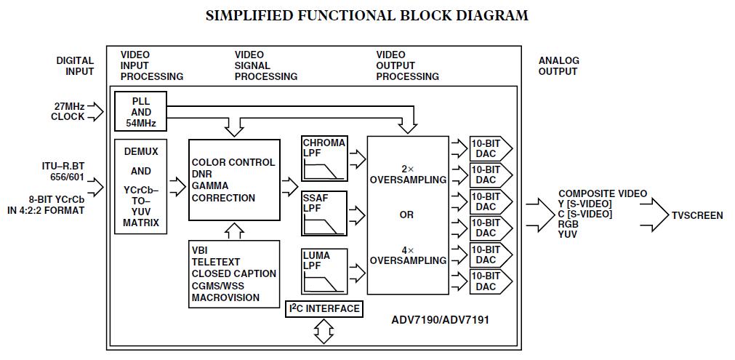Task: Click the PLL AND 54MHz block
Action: tap(141, 112)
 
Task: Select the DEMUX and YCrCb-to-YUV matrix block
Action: tap(140, 185)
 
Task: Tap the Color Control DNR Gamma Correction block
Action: tap(234, 180)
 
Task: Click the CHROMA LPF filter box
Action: tap(324, 159)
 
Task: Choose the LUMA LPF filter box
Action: tap(324, 271)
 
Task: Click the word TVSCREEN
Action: tap(696, 215)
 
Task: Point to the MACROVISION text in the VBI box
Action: tap(225, 297)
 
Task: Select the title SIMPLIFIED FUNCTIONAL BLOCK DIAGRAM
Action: tap(366, 15)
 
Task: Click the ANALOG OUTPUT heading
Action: tap(558, 66)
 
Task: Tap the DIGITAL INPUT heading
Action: tap(75, 66)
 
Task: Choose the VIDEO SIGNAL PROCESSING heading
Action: tap(265, 65)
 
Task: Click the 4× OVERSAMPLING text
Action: tap(407, 255)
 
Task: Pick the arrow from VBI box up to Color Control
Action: tap(234, 231)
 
